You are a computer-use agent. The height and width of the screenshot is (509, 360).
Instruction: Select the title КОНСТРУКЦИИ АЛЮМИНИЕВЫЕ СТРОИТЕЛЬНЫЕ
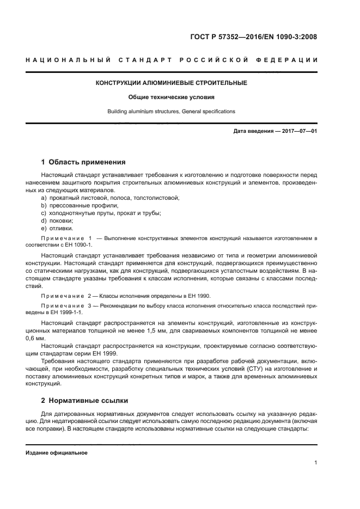(171, 83)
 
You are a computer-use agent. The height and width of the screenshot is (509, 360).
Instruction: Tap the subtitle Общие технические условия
(171, 97)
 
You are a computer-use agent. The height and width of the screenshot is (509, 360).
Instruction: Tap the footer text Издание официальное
(56, 452)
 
